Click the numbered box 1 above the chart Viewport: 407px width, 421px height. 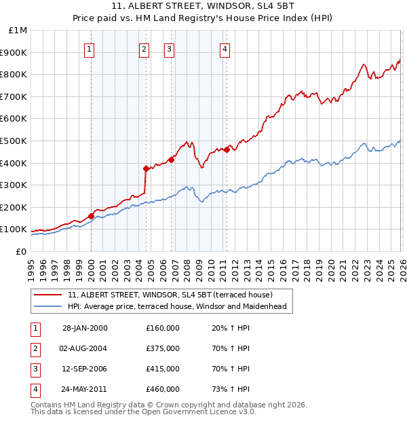point(90,48)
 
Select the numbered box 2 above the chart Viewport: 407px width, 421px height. point(144,48)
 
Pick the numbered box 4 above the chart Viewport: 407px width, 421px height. point(225,48)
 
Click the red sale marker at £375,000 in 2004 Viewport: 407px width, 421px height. point(146,168)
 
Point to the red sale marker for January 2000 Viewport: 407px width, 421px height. point(91,216)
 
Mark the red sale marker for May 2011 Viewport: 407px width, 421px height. point(226,149)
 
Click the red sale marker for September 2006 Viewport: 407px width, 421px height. point(171,160)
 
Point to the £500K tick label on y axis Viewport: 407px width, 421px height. point(14,141)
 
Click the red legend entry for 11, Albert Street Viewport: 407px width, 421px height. point(170,295)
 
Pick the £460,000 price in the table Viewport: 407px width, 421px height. point(163,389)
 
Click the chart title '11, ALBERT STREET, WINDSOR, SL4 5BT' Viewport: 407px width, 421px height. point(203,7)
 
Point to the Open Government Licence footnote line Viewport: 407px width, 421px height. point(144,411)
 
